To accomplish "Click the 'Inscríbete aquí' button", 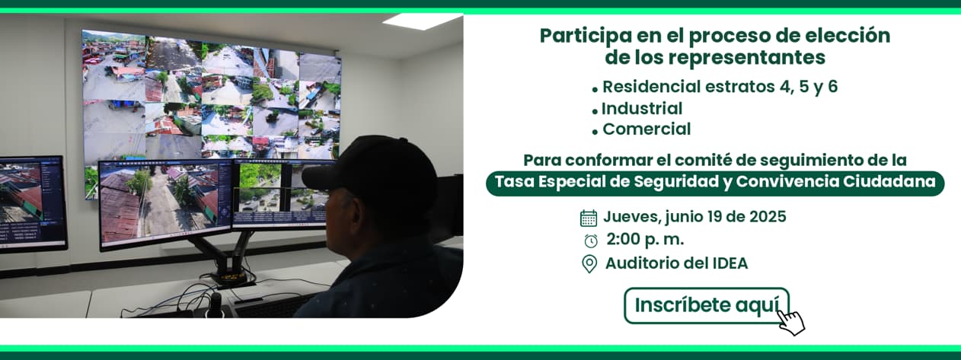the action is tap(706, 305).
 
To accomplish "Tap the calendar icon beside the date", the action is tap(588, 218).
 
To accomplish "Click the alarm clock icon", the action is tap(591, 241).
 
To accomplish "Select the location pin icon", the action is tap(589, 263).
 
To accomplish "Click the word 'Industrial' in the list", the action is tap(641, 108).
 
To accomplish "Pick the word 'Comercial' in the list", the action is tap(647, 129).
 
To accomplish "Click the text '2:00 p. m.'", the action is tap(645, 239).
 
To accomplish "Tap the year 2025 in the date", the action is tap(768, 216).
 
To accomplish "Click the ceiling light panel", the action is tap(422, 21).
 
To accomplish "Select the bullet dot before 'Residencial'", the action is tap(595, 90).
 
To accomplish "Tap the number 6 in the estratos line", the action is tap(832, 87).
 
